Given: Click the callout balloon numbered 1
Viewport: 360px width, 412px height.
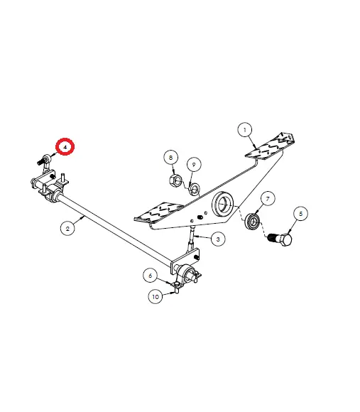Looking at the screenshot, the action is (245, 129).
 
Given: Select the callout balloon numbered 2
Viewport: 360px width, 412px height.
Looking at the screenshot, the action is (67, 228).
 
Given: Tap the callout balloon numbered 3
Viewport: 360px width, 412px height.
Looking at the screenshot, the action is (218, 239).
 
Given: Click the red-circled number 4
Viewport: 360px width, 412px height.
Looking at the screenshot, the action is (65, 146).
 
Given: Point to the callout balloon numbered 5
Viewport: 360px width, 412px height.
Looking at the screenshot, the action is (300, 214).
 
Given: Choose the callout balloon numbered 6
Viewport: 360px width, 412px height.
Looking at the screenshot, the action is (151, 276).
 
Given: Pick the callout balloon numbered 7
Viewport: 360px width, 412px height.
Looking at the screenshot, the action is (268, 199).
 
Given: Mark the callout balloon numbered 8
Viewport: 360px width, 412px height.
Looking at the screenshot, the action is (170, 158).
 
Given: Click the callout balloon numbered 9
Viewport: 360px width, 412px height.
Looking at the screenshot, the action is (194, 165).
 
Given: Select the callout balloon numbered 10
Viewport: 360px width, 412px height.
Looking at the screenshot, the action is (156, 296).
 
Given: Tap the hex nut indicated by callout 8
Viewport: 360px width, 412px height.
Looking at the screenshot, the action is (175, 180).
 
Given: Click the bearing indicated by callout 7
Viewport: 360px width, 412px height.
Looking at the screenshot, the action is (252, 222).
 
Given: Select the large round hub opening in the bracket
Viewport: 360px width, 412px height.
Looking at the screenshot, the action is (224, 205).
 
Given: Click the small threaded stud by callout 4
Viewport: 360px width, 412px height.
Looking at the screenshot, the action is (40, 162).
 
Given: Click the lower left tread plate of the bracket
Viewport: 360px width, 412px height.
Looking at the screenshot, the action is (159, 212).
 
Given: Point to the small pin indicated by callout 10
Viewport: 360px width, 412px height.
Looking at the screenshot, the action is (177, 290).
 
